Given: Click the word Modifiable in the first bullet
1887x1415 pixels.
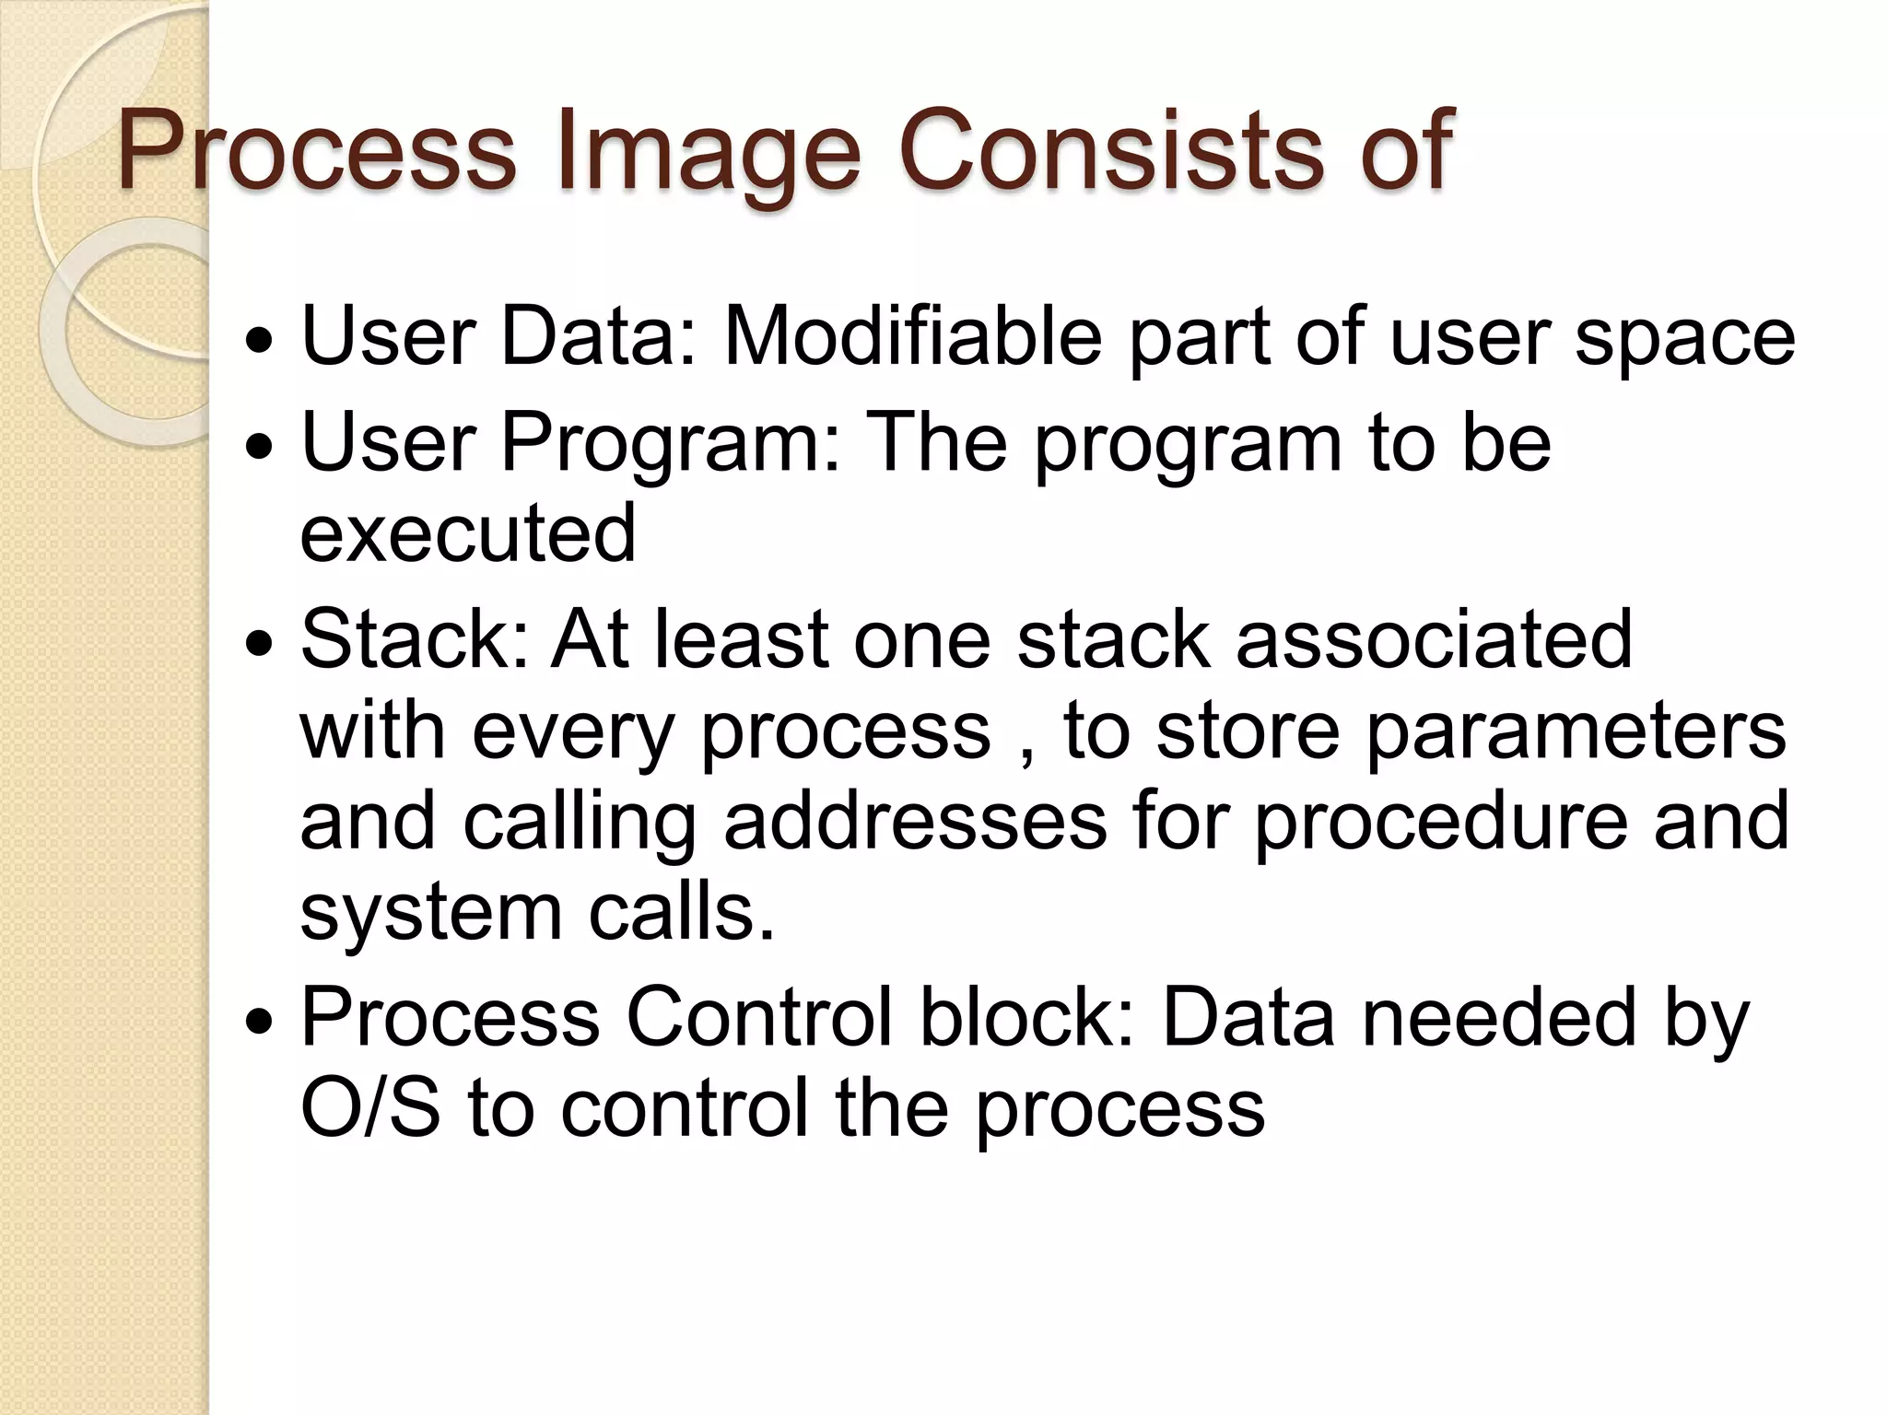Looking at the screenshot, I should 912,337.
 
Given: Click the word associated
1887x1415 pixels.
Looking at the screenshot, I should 1434,639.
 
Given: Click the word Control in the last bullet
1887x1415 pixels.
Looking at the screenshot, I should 758,1018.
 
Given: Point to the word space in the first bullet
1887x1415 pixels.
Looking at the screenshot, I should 1685,337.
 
